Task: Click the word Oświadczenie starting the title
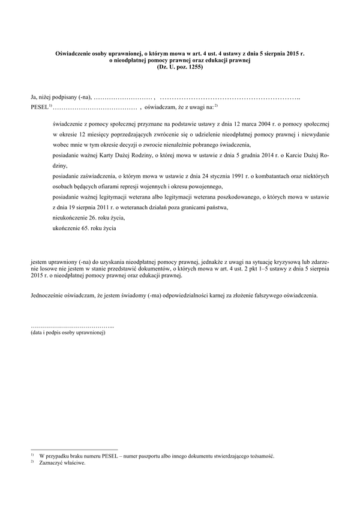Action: (x=74, y=54)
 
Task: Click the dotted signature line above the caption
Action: (x=72, y=326)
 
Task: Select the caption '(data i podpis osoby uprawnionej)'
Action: (x=68, y=333)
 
